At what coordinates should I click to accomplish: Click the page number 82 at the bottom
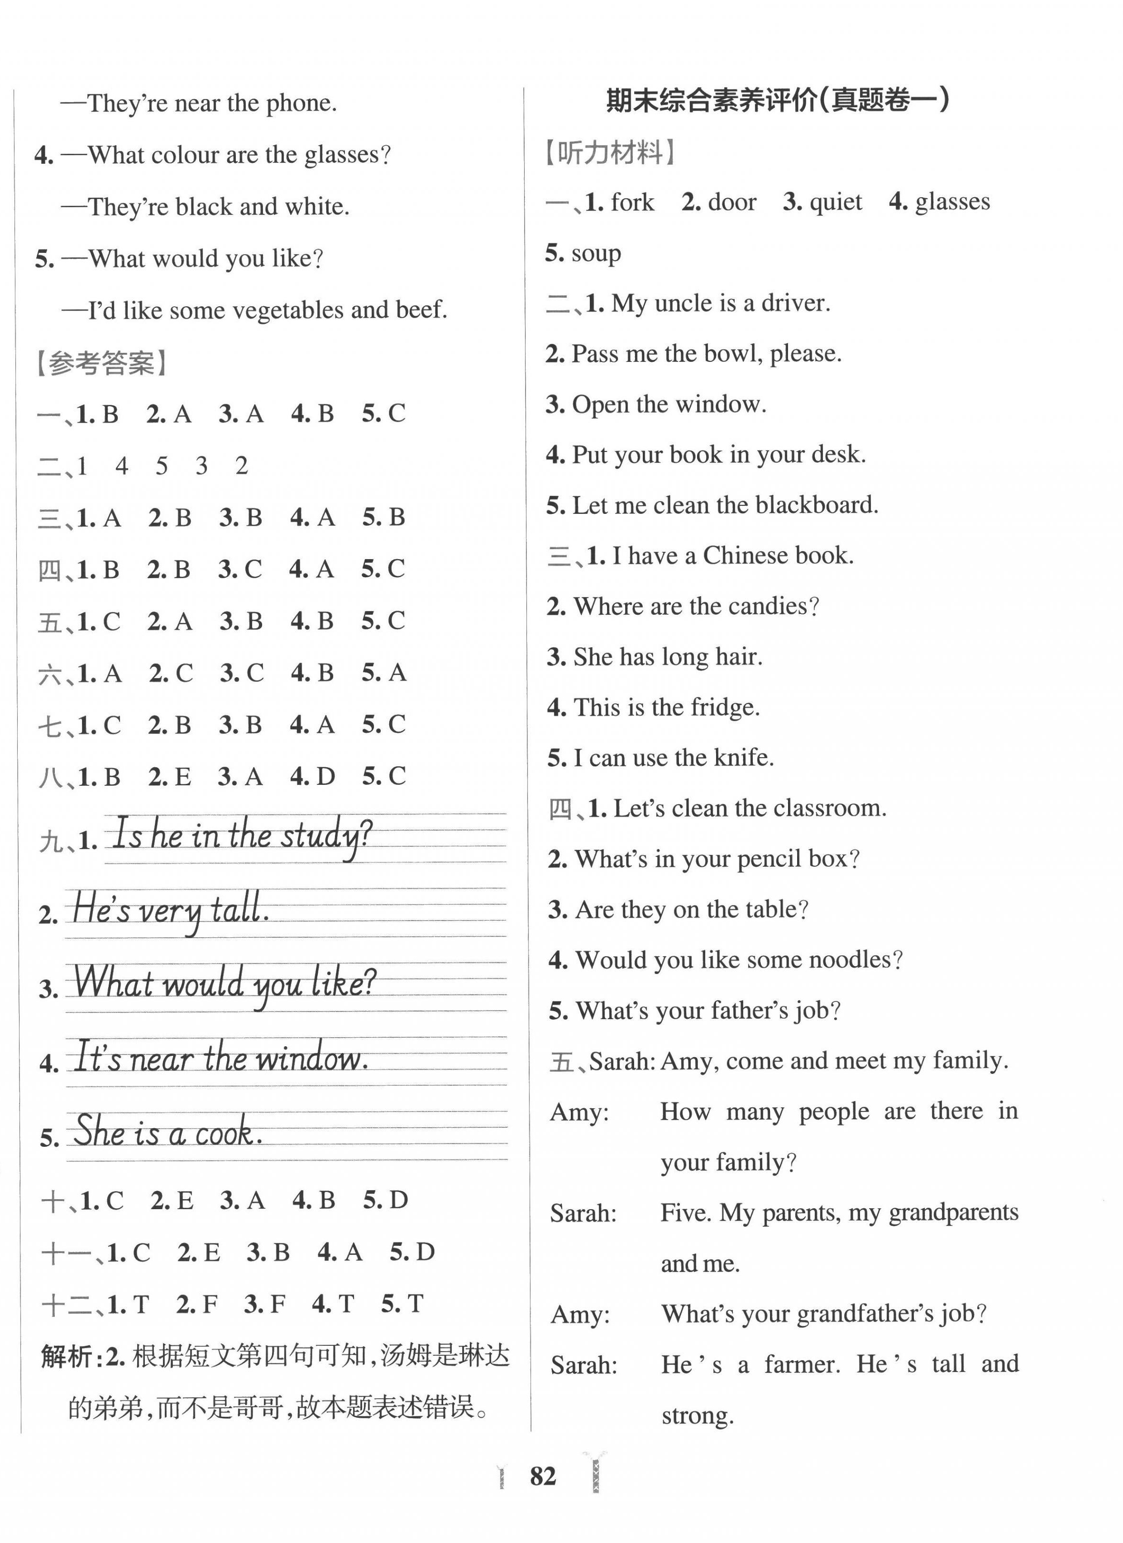coord(543,1476)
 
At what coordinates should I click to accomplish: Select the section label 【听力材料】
coord(610,152)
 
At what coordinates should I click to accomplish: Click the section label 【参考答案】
coord(101,363)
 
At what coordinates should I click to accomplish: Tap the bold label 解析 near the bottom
coord(67,1357)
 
